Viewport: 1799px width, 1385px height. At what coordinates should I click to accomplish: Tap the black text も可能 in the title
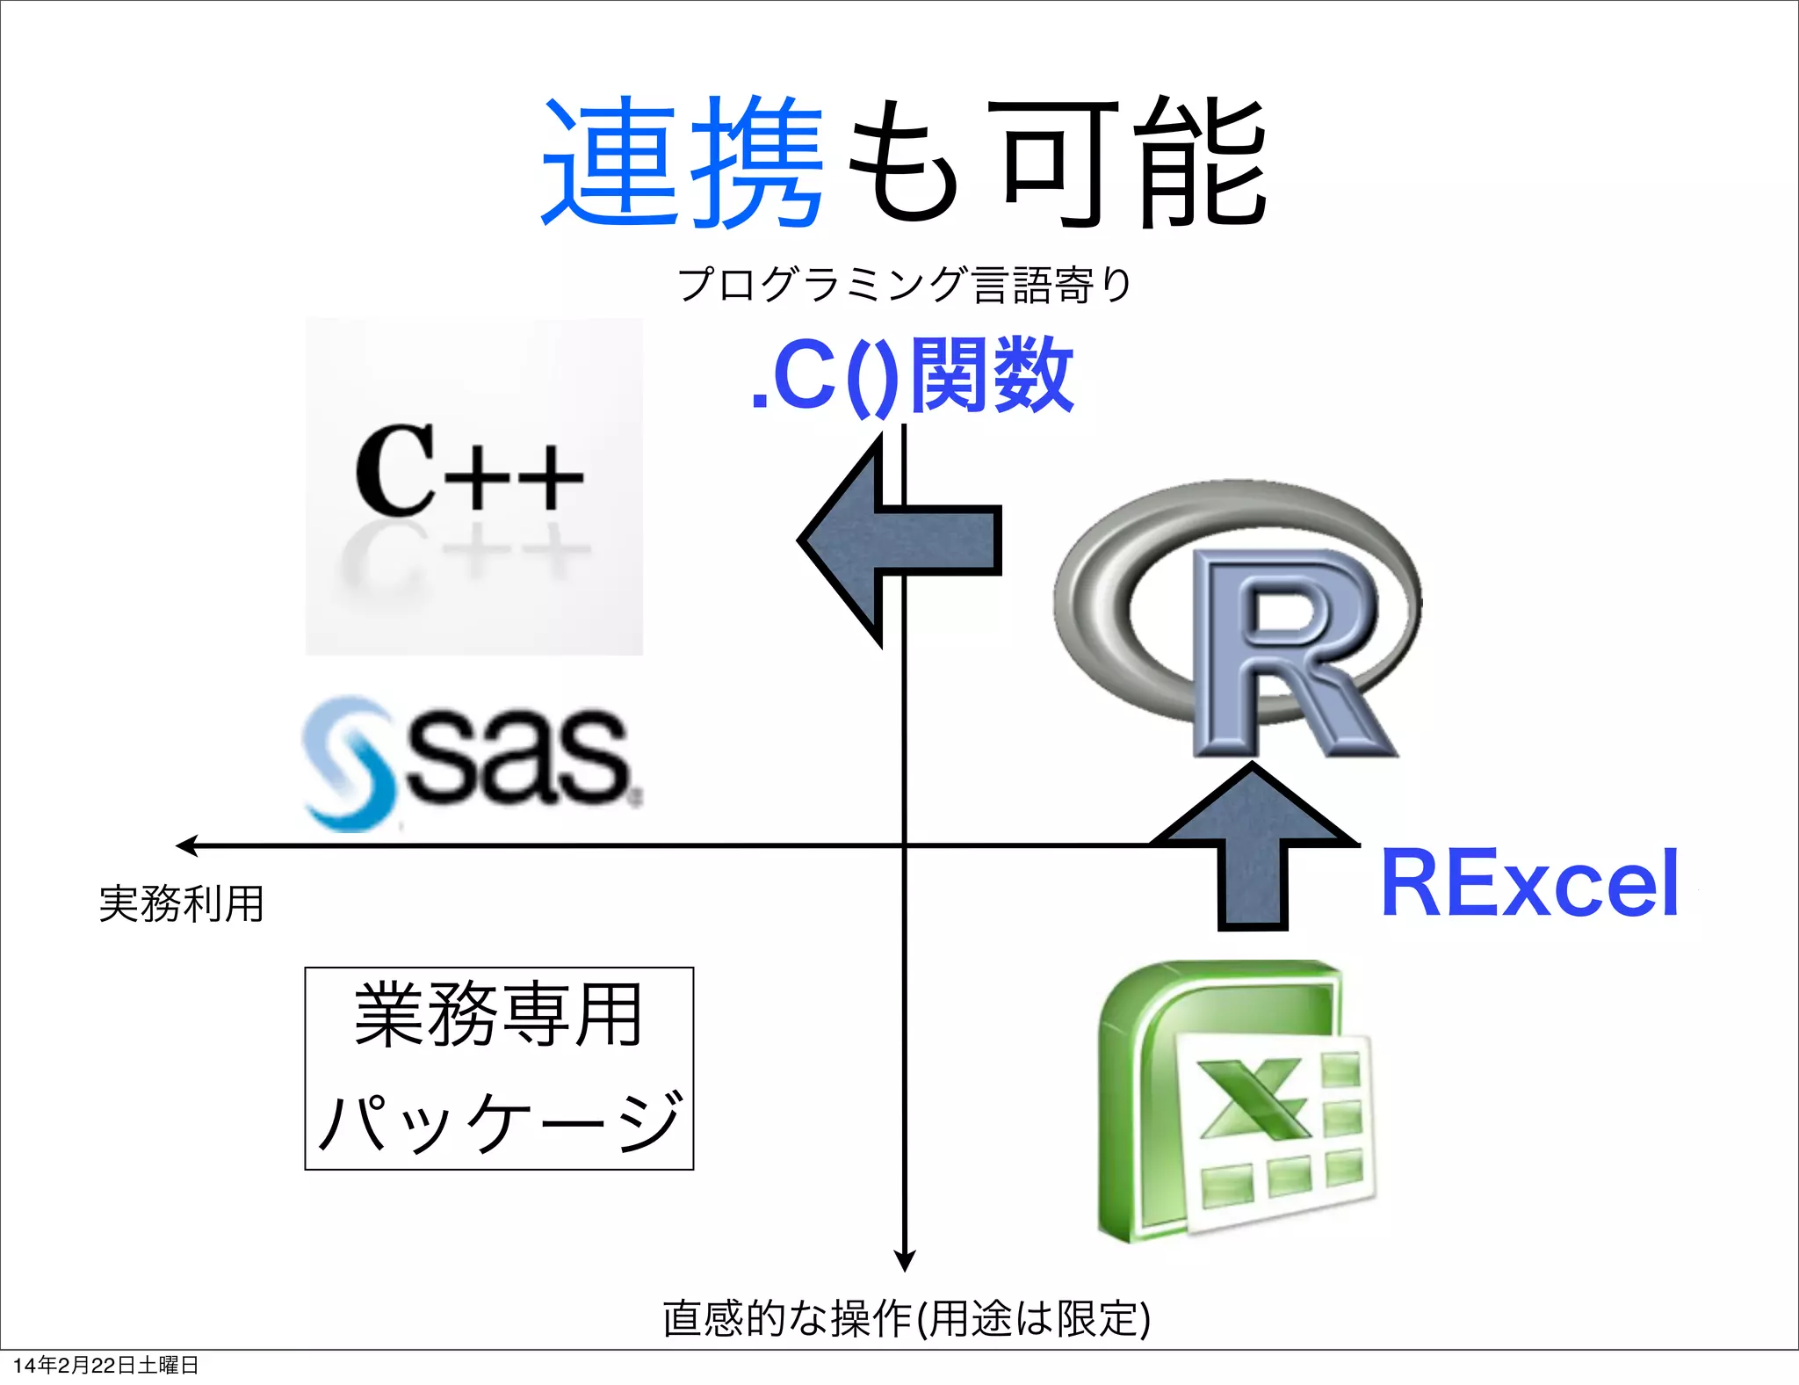(x=1054, y=163)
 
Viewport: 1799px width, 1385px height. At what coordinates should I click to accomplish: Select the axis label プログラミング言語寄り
(x=905, y=285)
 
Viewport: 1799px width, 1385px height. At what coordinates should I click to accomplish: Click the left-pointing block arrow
(x=896, y=540)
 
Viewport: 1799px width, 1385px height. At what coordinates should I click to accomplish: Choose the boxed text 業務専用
(x=498, y=1016)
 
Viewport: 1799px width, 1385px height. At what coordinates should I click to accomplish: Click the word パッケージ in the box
(x=498, y=1120)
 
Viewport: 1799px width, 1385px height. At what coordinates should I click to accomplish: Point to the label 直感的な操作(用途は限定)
(x=906, y=1318)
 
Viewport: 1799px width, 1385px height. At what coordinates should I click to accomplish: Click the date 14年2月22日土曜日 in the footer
(x=106, y=1365)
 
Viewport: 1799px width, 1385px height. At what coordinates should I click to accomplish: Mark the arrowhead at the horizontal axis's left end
(x=186, y=845)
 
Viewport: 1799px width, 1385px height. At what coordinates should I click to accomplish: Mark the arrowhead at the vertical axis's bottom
(x=904, y=1260)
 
